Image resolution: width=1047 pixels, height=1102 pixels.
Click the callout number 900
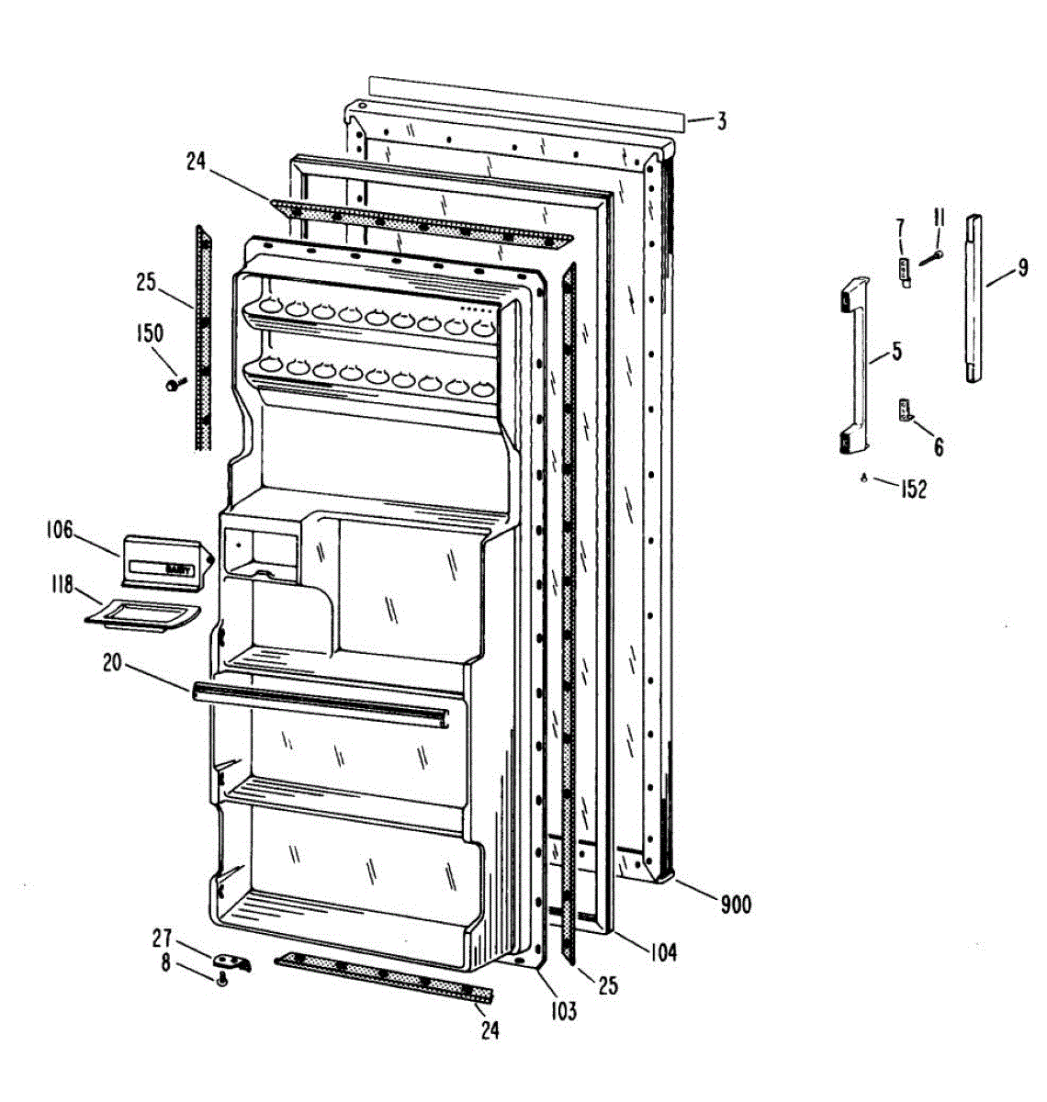coord(735,905)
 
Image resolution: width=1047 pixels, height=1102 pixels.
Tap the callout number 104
coord(658,952)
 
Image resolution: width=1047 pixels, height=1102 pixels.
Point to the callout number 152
coord(913,489)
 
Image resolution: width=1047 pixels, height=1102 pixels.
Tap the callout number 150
coord(150,334)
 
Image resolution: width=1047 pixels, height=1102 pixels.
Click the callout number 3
coord(722,121)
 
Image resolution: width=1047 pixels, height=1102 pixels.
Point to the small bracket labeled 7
coord(904,273)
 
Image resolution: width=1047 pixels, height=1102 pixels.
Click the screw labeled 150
coord(174,385)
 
